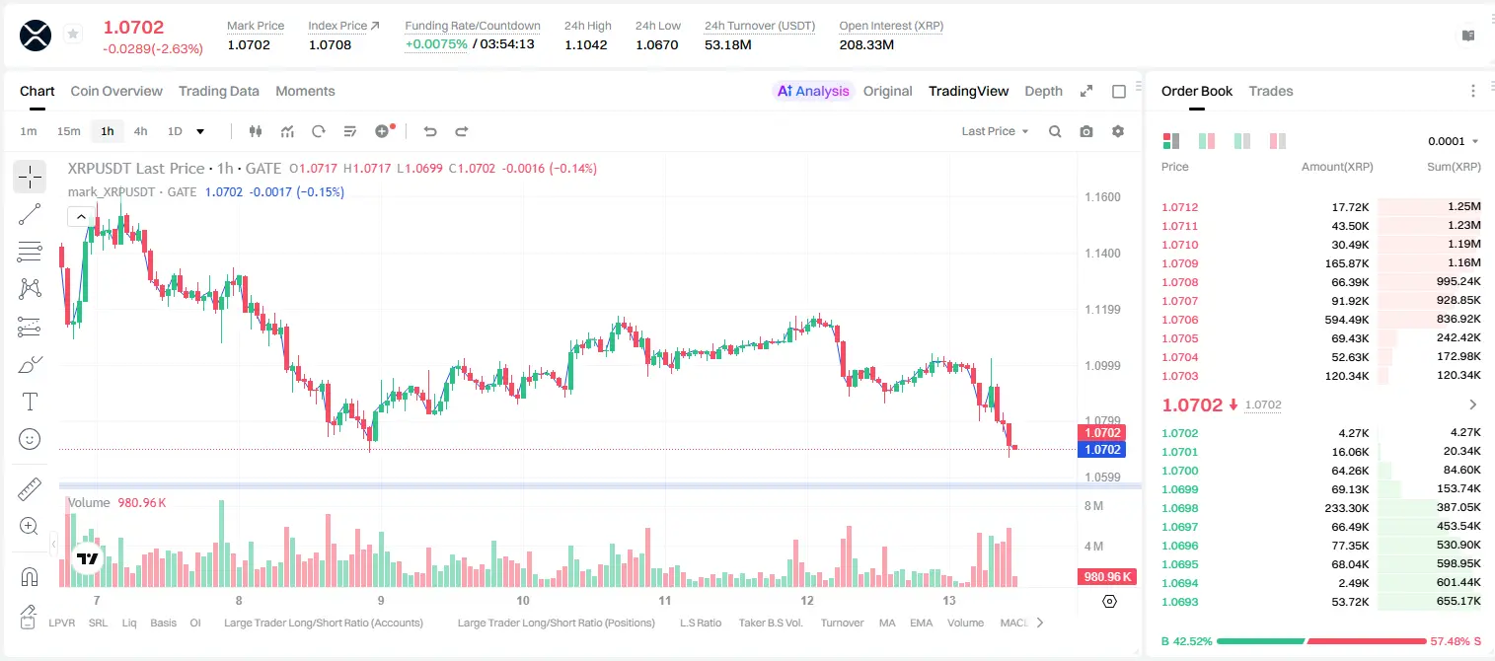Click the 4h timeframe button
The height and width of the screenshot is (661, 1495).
[x=140, y=131]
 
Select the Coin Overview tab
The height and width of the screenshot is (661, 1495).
[x=116, y=91]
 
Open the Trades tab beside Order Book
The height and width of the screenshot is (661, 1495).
[x=1271, y=91]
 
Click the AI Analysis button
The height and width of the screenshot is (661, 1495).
[x=813, y=91]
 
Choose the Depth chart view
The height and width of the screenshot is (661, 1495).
[x=1043, y=91]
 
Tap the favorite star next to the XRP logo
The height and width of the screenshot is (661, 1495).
[x=73, y=34]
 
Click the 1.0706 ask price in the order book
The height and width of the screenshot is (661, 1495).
[x=1179, y=320]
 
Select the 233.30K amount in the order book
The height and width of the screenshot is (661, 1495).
[x=1346, y=508]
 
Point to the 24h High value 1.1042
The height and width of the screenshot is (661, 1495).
[x=585, y=44]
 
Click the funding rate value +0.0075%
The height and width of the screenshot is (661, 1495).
[x=436, y=44]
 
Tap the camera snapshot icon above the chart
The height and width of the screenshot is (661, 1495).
[x=1085, y=131]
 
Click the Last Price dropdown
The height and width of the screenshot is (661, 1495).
[x=995, y=131]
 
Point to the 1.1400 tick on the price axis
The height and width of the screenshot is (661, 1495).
[x=1102, y=253]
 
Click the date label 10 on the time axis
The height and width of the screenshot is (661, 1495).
[x=523, y=600]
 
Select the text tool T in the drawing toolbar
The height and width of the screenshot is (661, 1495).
[x=30, y=402]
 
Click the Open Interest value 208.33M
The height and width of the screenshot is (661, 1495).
[x=866, y=44]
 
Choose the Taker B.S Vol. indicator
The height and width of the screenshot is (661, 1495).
[x=770, y=623]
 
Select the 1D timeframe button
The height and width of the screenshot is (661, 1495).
[x=175, y=131]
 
